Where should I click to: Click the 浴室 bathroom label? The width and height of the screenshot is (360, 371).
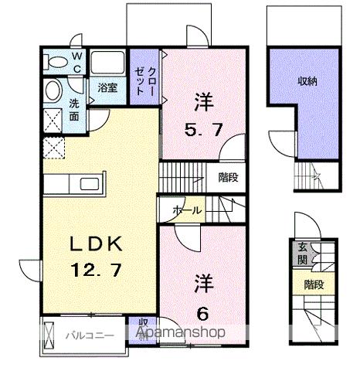coord(108,87)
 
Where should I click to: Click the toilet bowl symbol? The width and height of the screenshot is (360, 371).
coord(53,90)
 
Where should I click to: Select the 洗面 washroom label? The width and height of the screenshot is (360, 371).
coord(74,111)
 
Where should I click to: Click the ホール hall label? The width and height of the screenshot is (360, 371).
coord(188,210)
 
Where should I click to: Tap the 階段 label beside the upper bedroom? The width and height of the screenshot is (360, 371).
coord(228,176)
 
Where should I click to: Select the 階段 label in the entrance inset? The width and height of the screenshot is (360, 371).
coord(312,284)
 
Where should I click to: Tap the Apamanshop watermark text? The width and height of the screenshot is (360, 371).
coord(180,333)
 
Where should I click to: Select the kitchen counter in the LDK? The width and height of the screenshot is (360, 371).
coord(73,185)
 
